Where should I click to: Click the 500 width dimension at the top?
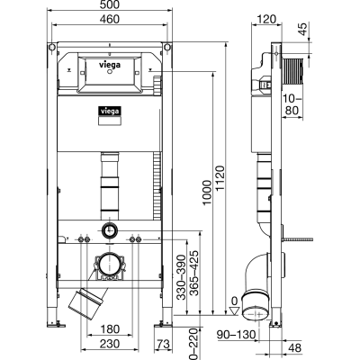110,4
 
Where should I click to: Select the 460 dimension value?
110,19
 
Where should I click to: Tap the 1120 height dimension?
220,178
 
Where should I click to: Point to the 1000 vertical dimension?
207,193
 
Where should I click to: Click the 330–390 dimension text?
181,277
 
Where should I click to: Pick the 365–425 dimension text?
194,273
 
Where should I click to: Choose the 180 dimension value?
110,329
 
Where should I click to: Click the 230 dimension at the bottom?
110,344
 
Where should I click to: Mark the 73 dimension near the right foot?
164,344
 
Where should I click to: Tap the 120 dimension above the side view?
266,19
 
